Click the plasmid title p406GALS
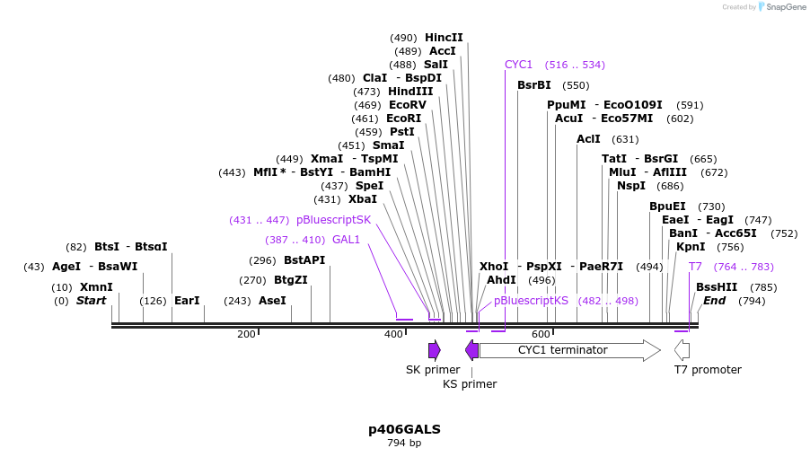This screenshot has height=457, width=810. [404, 429]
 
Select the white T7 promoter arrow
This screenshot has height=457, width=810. [682, 350]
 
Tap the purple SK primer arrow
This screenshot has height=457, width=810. [435, 350]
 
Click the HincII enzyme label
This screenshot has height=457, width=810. [444, 38]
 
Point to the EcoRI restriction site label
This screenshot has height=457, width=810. [403, 119]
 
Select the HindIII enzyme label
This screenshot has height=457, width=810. [410, 92]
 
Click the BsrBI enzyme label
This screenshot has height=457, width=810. [534, 85]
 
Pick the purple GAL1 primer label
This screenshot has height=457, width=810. [346, 240]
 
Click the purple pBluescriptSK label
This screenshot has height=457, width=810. [333, 220]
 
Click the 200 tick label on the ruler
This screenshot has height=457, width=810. [246, 335]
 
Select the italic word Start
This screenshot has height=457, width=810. [91, 301]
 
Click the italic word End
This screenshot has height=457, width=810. [714, 301]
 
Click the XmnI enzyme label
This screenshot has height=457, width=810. [96, 287]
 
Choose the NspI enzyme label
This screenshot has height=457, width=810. [630, 186]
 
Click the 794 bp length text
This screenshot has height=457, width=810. [404, 443]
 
